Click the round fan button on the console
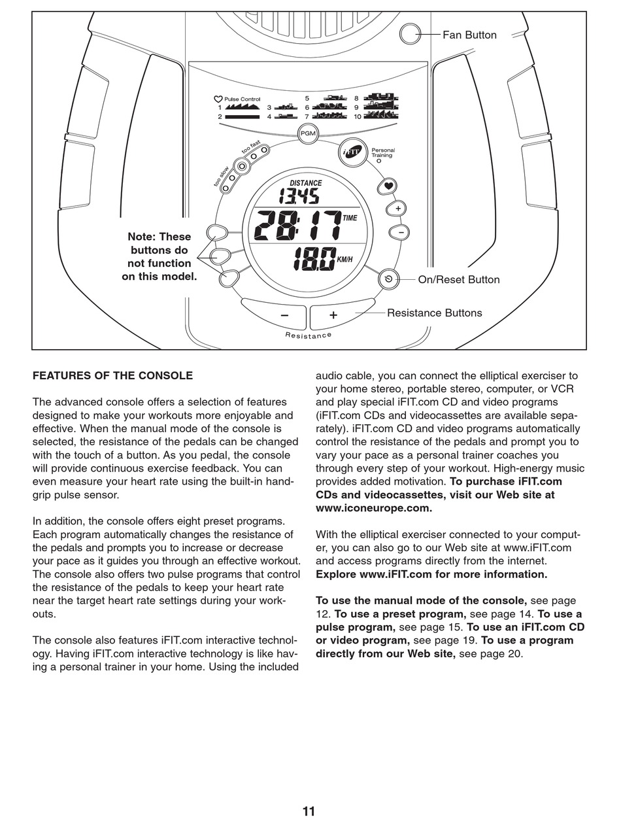coord(410,34)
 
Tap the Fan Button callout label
coord(469,35)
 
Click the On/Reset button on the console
coord(388,279)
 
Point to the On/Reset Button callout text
coord(458,280)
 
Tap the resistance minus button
coord(284,315)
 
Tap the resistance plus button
coord(333,315)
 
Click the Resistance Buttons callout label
coord(434,313)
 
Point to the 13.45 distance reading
coord(299,196)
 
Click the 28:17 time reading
coord(297,226)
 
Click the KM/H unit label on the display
coord(344,260)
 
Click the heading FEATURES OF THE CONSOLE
coord(112,376)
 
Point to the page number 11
coord(309,811)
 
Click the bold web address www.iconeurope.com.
coord(373,508)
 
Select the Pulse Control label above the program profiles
coord(242,99)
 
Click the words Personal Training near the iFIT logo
coord(383,152)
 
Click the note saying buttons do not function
coord(159,256)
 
